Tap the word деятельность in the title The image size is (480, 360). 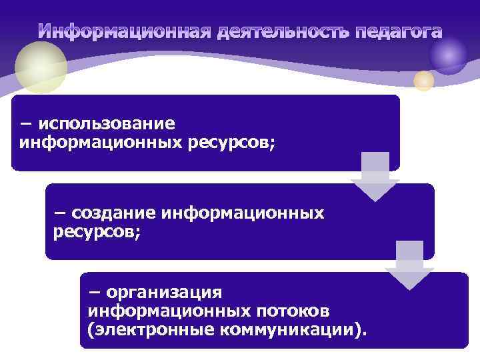click(285, 32)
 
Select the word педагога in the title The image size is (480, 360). click(399, 32)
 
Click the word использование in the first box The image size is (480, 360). click(107, 124)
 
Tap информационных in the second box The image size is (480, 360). click(243, 213)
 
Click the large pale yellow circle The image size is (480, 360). click(41, 67)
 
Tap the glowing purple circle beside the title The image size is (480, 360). click(448, 55)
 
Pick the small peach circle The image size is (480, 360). click(423, 81)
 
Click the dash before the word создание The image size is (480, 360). click(60, 213)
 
